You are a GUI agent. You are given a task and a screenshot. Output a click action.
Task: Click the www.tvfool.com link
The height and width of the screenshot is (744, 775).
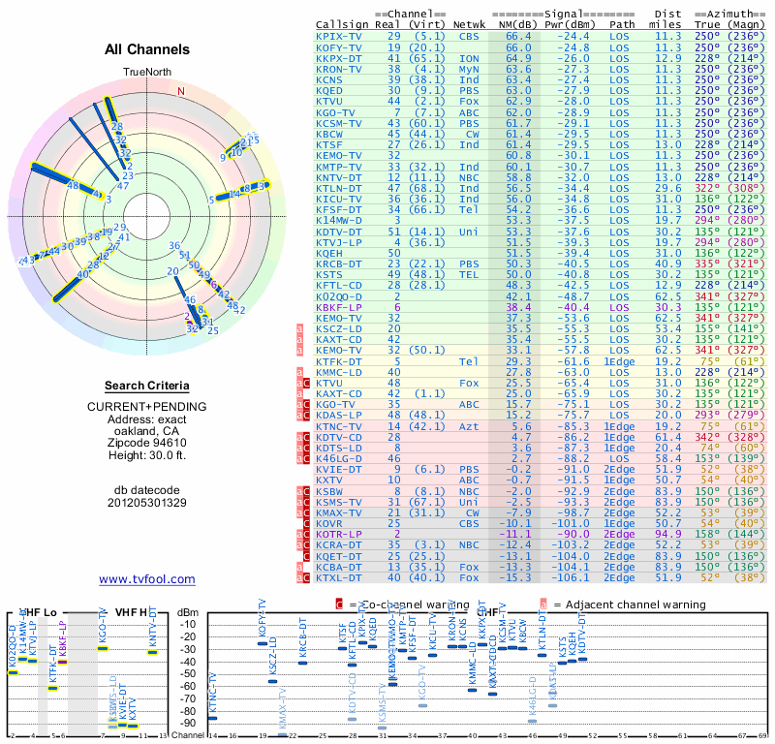(147, 579)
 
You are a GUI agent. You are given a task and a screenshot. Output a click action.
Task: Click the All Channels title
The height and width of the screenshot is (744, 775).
(147, 49)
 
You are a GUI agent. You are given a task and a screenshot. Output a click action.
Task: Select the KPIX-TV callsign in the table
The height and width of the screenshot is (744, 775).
(338, 36)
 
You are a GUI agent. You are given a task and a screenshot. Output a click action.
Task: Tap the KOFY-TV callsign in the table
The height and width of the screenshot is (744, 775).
(338, 46)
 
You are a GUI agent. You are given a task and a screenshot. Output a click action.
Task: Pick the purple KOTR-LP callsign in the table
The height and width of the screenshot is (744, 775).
(338, 534)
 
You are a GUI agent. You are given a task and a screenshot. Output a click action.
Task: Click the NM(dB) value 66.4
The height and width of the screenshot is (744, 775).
(518, 36)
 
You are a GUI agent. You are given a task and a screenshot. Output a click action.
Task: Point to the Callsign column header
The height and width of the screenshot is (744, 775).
(341, 23)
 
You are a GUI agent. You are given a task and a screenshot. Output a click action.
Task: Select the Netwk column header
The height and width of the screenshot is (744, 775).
(471, 23)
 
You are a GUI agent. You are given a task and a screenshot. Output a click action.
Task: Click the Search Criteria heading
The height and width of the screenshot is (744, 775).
(147, 386)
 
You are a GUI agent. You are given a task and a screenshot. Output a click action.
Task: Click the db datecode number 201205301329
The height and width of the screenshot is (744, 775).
(147, 503)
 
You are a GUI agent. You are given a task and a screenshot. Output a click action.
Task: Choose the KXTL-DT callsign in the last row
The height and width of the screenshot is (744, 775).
(338, 577)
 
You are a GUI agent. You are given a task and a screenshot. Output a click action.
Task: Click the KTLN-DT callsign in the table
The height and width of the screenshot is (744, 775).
(338, 187)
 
